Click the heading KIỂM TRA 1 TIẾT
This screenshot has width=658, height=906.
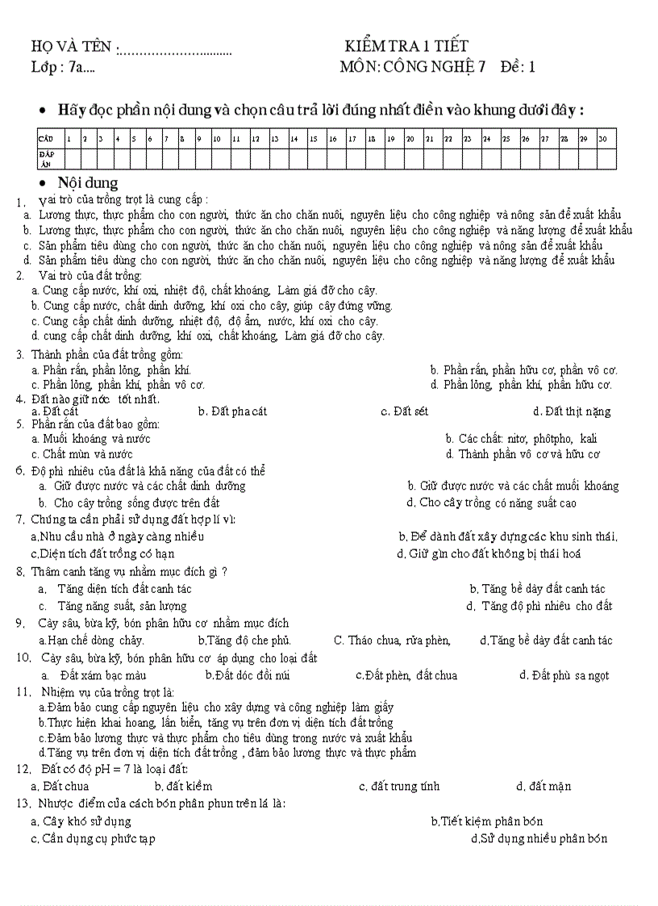pyautogui.click(x=406, y=46)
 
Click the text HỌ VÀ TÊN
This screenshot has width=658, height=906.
pyautogui.click(x=73, y=47)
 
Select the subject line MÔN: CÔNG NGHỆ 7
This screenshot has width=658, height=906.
pyautogui.click(x=413, y=67)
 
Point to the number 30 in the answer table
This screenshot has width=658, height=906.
pyautogui.click(x=603, y=139)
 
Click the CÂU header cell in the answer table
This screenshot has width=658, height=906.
pyautogui.click(x=46, y=139)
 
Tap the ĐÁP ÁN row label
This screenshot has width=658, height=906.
pyautogui.click(x=46, y=158)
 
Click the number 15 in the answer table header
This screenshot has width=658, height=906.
pyautogui.click(x=314, y=139)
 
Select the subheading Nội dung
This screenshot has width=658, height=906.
pyautogui.click(x=88, y=183)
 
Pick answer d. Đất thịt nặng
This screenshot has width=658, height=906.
pyautogui.click(x=571, y=411)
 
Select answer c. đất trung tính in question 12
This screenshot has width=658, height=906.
pyautogui.click(x=399, y=787)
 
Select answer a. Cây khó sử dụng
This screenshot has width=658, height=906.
pyautogui.click(x=81, y=821)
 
